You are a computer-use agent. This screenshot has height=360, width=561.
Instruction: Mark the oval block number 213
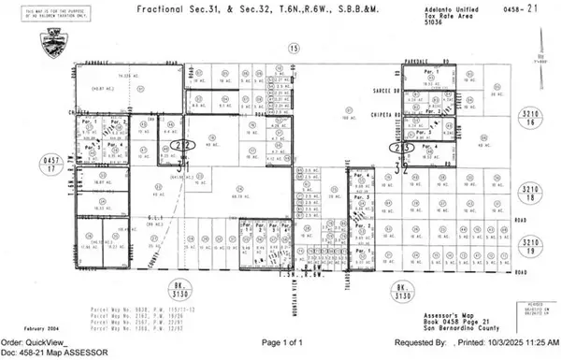(403, 148)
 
